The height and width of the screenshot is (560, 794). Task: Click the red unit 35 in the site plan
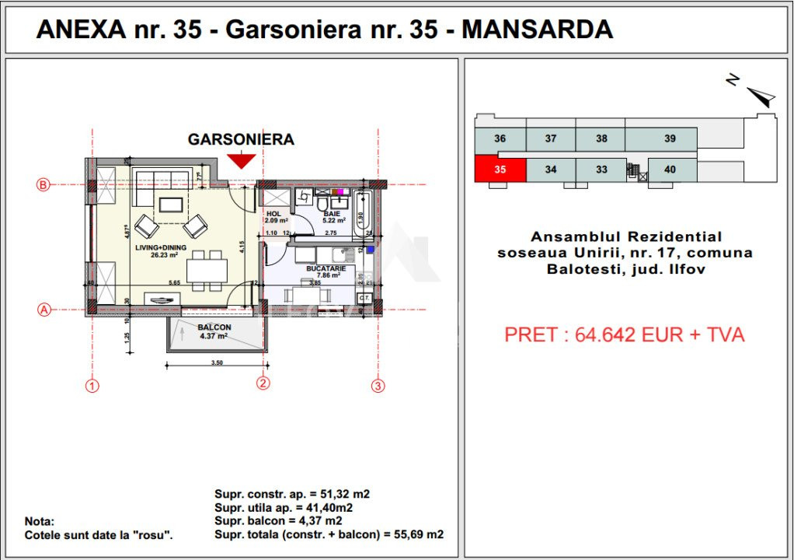click(x=500, y=170)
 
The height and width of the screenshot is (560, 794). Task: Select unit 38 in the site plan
click(x=601, y=139)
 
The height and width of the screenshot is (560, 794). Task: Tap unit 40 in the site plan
click(x=670, y=170)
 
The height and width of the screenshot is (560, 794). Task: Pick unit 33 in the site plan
click(x=601, y=170)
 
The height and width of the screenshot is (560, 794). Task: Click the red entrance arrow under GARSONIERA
click(x=242, y=160)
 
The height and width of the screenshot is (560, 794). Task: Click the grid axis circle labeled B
click(x=44, y=185)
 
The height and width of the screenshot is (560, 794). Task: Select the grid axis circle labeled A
click(x=44, y=309)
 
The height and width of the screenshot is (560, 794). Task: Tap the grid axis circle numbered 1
click(x=92, y=385)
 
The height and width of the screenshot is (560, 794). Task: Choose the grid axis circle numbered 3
click(x=378, y=385)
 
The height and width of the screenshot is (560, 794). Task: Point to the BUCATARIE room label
click(x=326, y=267)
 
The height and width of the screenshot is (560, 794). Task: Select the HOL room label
click(x=273, y=213)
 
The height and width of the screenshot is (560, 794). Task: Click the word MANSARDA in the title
click(x=537, y=30)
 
